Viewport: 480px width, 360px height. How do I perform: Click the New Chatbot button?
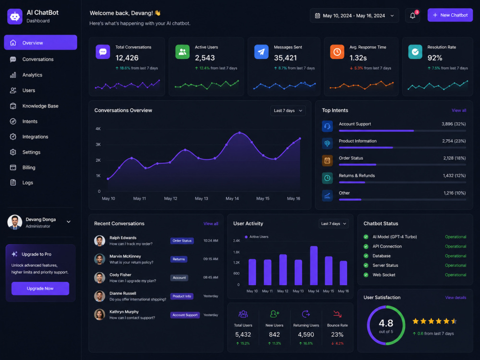click(450, 15)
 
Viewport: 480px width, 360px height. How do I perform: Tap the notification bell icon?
click(413, 16)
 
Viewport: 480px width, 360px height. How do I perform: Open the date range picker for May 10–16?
click(354, 16)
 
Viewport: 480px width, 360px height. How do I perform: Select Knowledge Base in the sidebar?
click(40, 106)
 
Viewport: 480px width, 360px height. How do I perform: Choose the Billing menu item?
click(29, 168)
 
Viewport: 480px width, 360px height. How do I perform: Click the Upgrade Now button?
click(40, 288)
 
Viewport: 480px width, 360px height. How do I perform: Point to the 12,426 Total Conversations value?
click(127, 58)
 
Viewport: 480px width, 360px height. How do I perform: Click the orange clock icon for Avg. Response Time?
click(337, 52)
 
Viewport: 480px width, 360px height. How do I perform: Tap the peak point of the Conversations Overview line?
click(240, 132)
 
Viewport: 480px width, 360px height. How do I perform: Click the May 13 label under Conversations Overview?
click(202, 198)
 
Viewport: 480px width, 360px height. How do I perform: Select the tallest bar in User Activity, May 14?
click(314, 265)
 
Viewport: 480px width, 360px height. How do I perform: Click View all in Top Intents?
click(459, 110)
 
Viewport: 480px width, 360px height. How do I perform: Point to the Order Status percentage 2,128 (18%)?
click(454, 158)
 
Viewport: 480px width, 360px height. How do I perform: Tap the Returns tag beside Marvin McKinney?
click(179, 259)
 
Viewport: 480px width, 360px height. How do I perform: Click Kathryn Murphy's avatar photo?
click(99, 314)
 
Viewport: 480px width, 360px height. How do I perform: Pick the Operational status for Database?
click(456, 256)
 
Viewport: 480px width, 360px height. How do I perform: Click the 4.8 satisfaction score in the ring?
click(386, 323)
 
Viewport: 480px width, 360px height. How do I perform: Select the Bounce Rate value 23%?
click(337, 335)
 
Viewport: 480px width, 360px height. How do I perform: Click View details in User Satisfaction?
click(456, 298)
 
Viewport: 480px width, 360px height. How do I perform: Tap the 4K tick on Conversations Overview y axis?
click(98, 129)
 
